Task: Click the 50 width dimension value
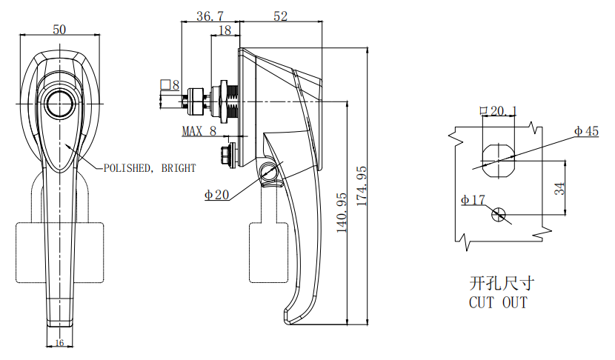click(59, 29)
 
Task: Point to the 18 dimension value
click(224, 30)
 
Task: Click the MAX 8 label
click(199, 131)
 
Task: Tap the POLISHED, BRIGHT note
click(150, 168)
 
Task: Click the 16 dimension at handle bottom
click(59, 342)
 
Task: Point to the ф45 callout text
click(586, 131)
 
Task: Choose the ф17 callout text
click(473, 199)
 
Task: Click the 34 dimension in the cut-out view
click(560, 188)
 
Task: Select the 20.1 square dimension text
click(499, 111)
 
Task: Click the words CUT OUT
click(498, 302)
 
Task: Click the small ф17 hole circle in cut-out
click(499, 215)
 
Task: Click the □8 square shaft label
click(170, 85)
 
